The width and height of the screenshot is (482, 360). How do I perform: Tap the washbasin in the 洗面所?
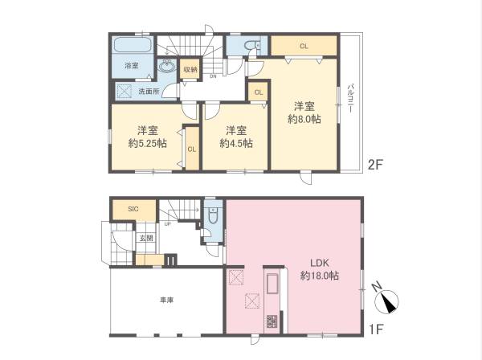coord(170,67)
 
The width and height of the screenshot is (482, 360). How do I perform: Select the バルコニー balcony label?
coord(351,104)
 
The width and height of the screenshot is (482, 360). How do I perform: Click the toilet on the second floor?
coord(251,46)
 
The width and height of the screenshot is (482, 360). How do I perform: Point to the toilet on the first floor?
coord(212,216)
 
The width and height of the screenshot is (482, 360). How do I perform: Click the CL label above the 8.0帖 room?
coord(304,46)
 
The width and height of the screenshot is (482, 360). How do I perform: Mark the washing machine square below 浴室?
coord(124,92)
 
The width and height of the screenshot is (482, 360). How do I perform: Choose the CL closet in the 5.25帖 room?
coord(191,149)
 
